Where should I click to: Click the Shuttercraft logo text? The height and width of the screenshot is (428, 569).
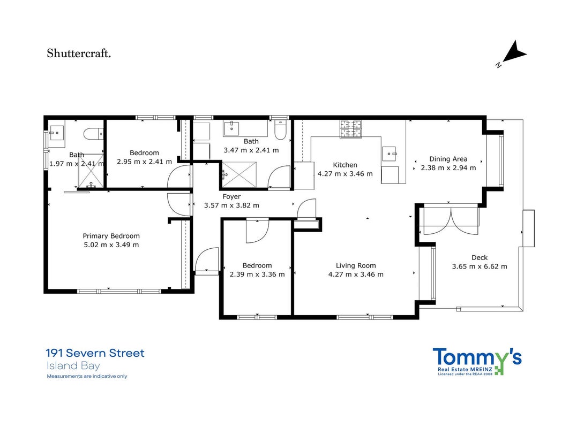pyautogui.click(x=79, y=53)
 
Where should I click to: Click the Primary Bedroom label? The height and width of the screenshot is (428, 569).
pyautogui.click(x=111, y=236)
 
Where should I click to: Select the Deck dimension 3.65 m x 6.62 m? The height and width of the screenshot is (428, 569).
pyautogui.click(x=480, y=266)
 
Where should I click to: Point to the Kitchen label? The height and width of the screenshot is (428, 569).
pyautogui.click(x=345, y=165)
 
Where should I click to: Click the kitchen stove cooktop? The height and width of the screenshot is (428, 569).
pyautogui.click(x=351, y=129)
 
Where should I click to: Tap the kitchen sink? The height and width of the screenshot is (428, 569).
pyautogui.click(x=390, y=154)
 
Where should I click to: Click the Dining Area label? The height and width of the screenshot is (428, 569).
pyautogui.click(x=448, y=159)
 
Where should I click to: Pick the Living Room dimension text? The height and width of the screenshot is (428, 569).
pyautogui.click(x=356, y=274)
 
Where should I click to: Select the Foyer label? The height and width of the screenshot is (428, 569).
pyautogui.click(x=231, y=196)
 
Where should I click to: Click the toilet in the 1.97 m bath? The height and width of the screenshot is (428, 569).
pyautogui.click(x=94, y=134)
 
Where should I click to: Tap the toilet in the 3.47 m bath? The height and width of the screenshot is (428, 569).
pyautogui.click(x=281, y=130)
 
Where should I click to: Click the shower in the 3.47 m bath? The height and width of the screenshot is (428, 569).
pyautogui.click(x=239, y=175)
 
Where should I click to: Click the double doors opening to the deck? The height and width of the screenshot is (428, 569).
pyautogui.click(x=451, y=220)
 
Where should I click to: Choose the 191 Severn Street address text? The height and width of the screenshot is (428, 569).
pyautogui.click(x=95, y=353)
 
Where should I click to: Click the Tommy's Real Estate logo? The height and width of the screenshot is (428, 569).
pyautogui.click(x=477, y=361)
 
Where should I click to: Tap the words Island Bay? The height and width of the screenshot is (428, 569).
pyautogui.click(x=73, y=365)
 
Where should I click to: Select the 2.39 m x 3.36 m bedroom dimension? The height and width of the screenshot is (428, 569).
pyautogui.click(x=257, y=274)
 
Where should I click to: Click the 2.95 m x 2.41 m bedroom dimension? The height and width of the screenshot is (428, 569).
pyautogui.click(x=144, y=162)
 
